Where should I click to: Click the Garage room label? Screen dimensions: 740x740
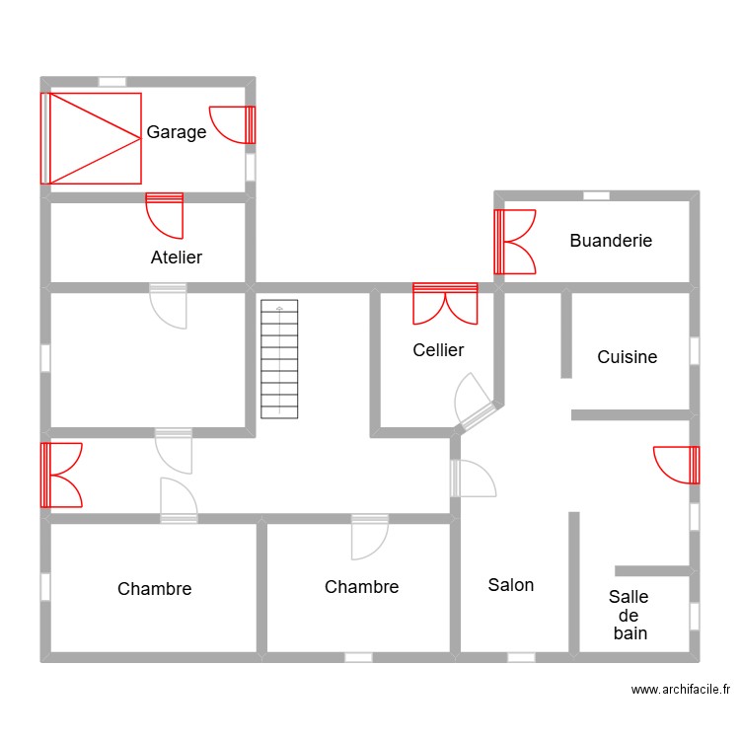(x=177, y=132)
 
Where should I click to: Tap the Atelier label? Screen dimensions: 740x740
(x=177, y=258)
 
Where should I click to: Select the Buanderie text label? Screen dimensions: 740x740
(x=611, y=241)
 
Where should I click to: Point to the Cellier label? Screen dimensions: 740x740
(x=438, y=350)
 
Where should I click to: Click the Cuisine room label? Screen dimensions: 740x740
(x=627, y=357)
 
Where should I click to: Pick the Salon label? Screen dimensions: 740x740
(x=511, y=585)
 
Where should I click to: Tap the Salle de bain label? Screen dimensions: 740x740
(x=629, y=615)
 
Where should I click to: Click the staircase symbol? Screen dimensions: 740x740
(x=279, y=359)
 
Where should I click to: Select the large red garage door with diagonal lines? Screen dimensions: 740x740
(x=91, y=138)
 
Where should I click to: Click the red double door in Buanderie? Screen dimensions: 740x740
(x=515, y=242)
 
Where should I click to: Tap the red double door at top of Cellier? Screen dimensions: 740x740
(x=445, y=304)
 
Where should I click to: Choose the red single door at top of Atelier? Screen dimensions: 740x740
(x=165, y=215)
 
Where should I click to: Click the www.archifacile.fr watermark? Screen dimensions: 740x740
(x=680, y=690)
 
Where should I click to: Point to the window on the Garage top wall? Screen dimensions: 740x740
(x=111, y=81)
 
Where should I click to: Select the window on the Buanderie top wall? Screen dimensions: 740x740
(x=596, y=195)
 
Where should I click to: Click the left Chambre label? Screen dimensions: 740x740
(x=154, y=589)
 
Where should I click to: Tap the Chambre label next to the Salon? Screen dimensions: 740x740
(x=361, y=587)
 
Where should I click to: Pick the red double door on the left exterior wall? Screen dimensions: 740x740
(x=61, y=475)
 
